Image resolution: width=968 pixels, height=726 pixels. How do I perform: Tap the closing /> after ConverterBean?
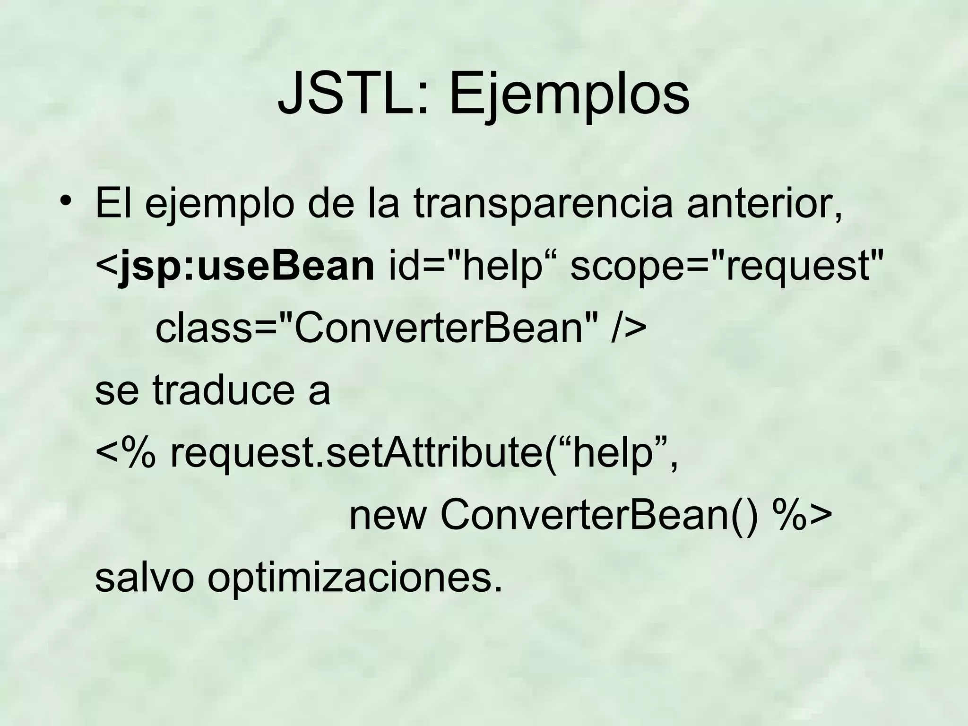coord(628,329)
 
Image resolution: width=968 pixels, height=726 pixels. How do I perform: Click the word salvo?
coord(145,578)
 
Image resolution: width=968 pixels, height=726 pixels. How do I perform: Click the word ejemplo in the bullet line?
coord(219,206)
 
